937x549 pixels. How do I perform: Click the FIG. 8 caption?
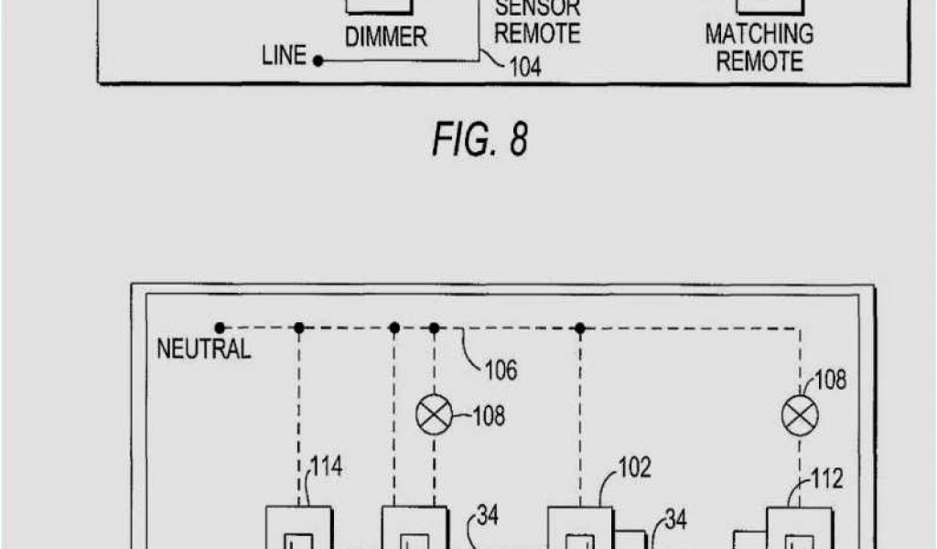click(x=480, y=140)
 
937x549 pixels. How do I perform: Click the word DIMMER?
click(x=386, y=38)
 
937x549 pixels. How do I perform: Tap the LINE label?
click(x=284, y=57)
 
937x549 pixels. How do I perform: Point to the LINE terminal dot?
click(x=318, y=61)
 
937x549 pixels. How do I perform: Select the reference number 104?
click(x=524, y=67)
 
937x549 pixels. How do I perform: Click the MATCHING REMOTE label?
click(x=759, y=48)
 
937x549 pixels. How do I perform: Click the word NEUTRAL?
click(x=203, y=349)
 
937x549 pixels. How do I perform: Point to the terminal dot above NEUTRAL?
click(x=220, y=327)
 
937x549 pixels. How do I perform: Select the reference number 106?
click(x=501, y=370)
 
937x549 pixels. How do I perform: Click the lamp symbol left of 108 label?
click(x=434, y=416)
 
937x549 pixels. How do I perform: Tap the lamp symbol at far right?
click(x=800, y=416)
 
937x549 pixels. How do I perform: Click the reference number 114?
click(x=326, y=467)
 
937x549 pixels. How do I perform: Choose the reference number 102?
click(x=633, y=468)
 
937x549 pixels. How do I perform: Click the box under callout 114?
click(x=299, y=528)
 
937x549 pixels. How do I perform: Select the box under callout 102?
click(x=580, y=528)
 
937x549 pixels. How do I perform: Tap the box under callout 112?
click(x=799, y=529)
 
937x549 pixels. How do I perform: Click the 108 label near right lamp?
click(x=830, y=380)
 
